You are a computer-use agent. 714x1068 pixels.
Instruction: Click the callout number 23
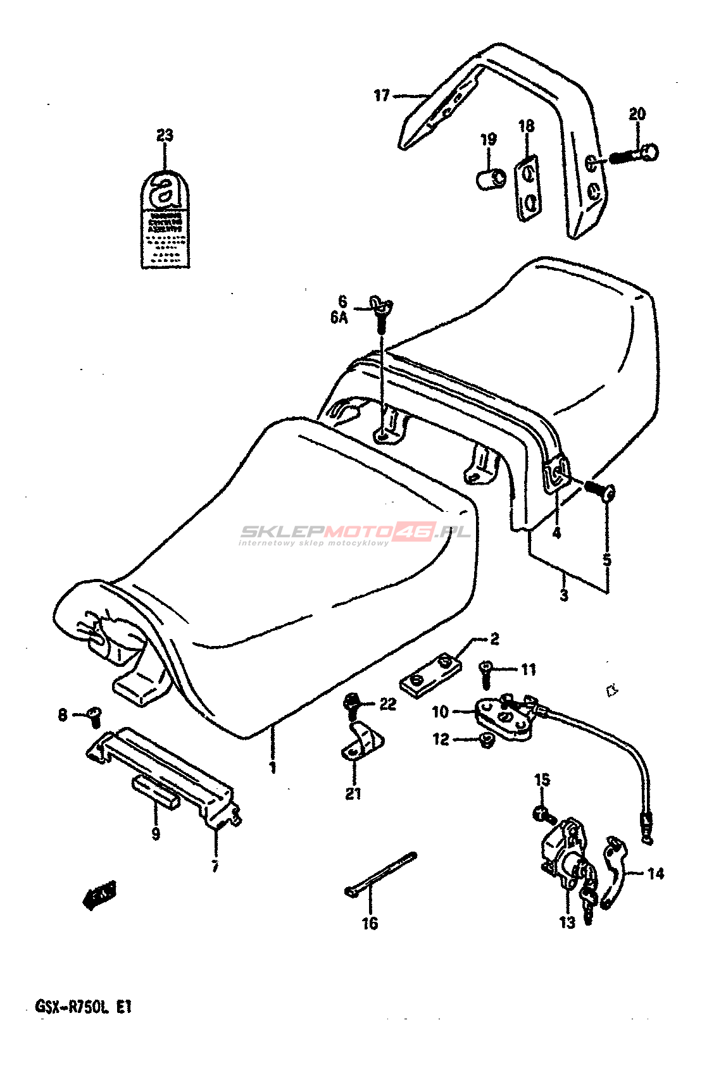[x=165, y=135]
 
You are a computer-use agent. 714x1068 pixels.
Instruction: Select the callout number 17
[x=381, y=96]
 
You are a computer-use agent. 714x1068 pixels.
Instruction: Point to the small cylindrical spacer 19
[x=490, y=179]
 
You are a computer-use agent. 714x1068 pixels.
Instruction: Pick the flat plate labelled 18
[x=527, y=189]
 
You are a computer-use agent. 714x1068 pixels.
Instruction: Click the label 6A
[x=339, y=317]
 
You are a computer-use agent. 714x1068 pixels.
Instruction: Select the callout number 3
[x=563, y=595]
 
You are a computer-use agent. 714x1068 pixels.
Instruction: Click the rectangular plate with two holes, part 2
[x=430, y=676]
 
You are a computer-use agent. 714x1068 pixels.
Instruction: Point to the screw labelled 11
[x=486, y=674]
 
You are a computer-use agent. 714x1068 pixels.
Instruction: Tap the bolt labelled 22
[x=351, y=703]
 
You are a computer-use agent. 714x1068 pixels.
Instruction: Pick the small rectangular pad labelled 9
[x=156, y=792]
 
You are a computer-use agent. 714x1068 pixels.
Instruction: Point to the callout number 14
[x=656, y=874]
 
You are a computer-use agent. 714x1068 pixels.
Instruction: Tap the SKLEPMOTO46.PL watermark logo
[x=354, y=533]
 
